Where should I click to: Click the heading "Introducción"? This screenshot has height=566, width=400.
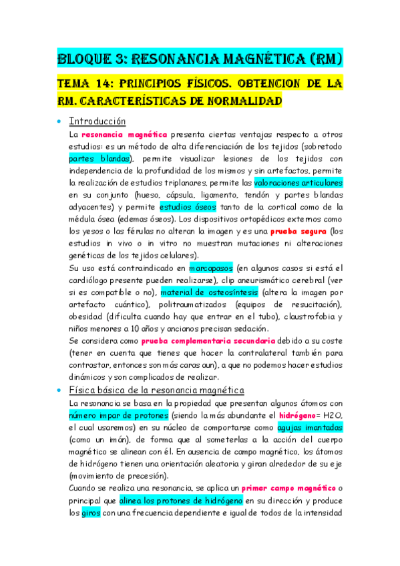(x=97, y=121)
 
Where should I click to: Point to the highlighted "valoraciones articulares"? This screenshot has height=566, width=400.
(x=298, y=182)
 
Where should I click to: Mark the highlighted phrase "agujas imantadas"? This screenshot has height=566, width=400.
(x=311, y=427)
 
